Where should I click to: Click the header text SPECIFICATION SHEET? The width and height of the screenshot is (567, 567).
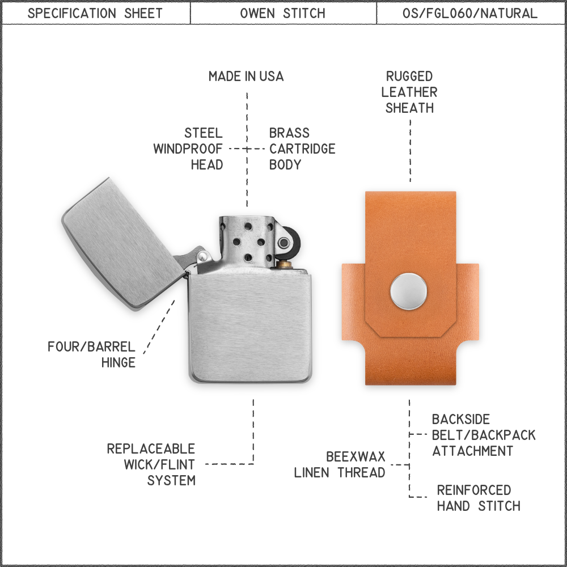pos(95,14)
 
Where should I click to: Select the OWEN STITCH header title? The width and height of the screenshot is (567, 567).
pos(283,14)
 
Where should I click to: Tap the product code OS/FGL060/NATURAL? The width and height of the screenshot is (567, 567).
pos(469,14)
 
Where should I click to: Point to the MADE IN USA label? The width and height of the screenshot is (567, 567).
pos(246,77)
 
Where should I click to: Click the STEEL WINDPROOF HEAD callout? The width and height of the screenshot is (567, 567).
pos(188,149)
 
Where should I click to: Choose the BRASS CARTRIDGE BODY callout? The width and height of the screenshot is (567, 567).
pos(302,149)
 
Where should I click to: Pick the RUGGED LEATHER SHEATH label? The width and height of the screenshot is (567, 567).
pos(409,92)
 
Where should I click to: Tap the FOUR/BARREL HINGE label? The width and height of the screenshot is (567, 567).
pos(91,354)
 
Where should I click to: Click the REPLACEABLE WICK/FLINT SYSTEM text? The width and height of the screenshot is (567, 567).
pos(151,465)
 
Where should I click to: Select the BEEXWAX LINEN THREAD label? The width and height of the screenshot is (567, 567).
pos(340,465)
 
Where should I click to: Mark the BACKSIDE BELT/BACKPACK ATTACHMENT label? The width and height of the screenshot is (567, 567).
pos(484,435)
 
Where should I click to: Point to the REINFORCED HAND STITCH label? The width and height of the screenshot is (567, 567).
pos(479,498)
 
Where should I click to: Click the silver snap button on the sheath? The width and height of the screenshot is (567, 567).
pos(409,291)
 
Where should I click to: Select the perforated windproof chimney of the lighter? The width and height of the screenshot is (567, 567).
pos(247,242)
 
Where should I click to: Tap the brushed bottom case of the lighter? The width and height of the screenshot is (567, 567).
pos(250,327)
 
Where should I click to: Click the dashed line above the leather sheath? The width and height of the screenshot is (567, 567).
pos(410,151)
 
